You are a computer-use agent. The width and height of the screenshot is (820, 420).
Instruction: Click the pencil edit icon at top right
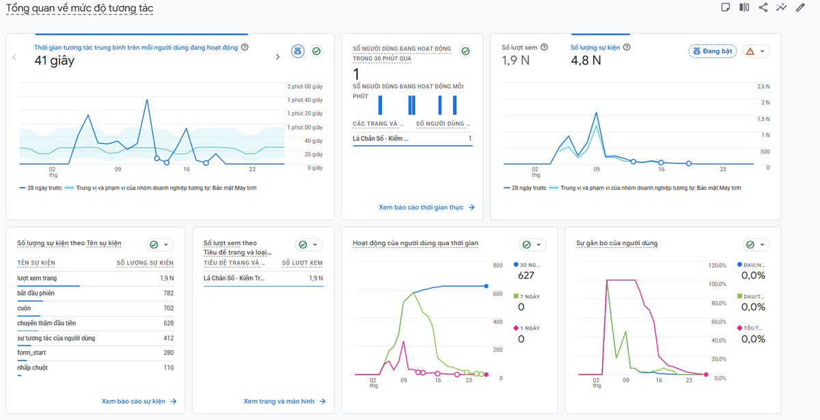point(800,8)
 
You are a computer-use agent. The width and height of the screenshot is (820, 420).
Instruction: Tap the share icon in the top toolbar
point(763,8)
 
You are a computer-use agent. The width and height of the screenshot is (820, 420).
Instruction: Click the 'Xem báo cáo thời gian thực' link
point(426,208)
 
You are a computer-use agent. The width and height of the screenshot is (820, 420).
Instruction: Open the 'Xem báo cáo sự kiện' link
point(139,402)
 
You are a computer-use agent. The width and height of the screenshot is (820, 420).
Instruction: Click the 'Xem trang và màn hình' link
point(284,402)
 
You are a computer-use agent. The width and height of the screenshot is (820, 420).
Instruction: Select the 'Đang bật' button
point(712,51)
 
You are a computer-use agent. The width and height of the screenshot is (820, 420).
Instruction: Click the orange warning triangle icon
point(750,51)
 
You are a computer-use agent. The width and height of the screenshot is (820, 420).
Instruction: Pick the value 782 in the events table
point(168,293)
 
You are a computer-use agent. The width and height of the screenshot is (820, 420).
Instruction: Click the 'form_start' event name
point(31,352)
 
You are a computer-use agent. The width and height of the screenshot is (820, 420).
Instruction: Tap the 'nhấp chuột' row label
point(32,367)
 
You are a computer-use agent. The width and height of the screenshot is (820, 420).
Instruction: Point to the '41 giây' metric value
point(54,60)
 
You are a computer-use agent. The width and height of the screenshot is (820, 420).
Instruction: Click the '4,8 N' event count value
point(586,60)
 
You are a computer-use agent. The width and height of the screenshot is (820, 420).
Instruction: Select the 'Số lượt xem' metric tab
point(519,48)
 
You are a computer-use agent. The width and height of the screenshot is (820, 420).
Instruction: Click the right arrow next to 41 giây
point(277,57)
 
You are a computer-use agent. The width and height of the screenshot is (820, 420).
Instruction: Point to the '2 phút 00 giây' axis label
point(305,87)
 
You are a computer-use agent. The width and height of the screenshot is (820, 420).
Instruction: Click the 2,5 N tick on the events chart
point(763,87)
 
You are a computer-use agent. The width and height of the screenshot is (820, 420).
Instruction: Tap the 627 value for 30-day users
point(525,275)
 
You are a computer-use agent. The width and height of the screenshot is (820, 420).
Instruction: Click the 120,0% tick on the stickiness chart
point(717,265)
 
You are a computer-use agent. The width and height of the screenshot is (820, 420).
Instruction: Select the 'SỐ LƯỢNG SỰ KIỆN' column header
point(145,263)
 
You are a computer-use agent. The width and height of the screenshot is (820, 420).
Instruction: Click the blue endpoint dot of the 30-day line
point(486,286)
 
